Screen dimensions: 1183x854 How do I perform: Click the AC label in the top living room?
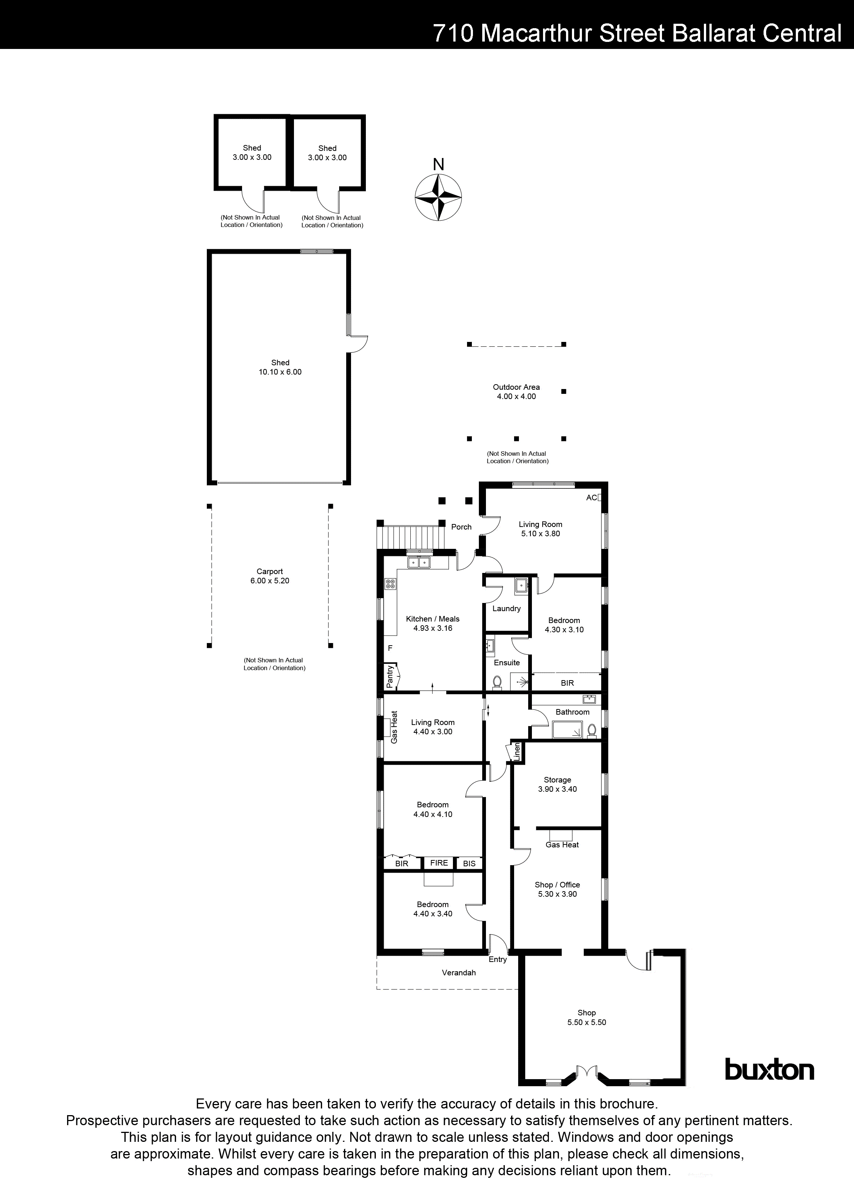pyautogui.click(x=591, y=498)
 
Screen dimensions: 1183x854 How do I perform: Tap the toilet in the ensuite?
pyautogui.click(x=497, y=682)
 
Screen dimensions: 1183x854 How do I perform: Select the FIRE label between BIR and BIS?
pyautogui.click(x=439, y=863)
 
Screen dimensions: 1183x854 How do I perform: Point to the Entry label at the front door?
pyautogui.click(x=497, y=959)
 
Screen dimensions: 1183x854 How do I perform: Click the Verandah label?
pyautogui.click(x=459, y=972)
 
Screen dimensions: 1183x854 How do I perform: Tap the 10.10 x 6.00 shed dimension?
pyautogui.click(x=280, y=372)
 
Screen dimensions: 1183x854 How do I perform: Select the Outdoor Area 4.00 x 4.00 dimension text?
pyautogui.click(x=516, y=396)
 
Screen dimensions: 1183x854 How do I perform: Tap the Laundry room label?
pyautogui.click(x=506, y=608)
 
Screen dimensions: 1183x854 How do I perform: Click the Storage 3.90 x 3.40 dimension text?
pyautogui.click(x=557, y=789)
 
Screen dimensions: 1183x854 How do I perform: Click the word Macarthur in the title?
pyautogui.click(x=536, y=33)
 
